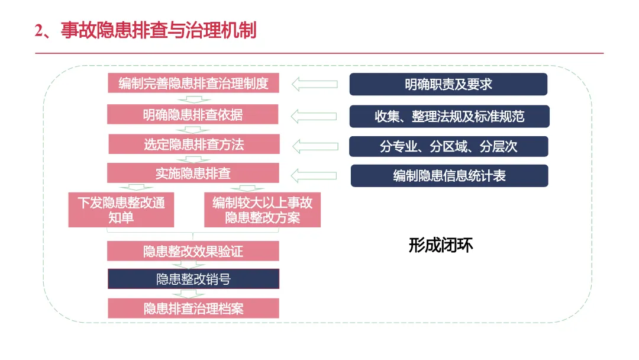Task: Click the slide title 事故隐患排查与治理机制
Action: coord(158,30)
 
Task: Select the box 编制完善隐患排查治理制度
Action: coord(193,83)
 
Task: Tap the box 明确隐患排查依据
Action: coord(193,114)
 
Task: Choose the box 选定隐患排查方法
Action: coord(193,144)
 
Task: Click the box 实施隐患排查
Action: coord(193,173)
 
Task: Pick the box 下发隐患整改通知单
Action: coord(121,210)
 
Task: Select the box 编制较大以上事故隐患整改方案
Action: coord(262,210)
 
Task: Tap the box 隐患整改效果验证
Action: coord(193,251)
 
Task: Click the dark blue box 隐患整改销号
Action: coord(193,279)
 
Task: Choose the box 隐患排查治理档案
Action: coord(193,308)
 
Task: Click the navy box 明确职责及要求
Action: coord(448,84)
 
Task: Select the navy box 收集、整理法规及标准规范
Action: coord(449,116)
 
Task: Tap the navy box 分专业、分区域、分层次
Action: coord(448,146)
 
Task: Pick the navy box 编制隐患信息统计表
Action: coord(449,176)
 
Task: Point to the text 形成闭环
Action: coord(441,245)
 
